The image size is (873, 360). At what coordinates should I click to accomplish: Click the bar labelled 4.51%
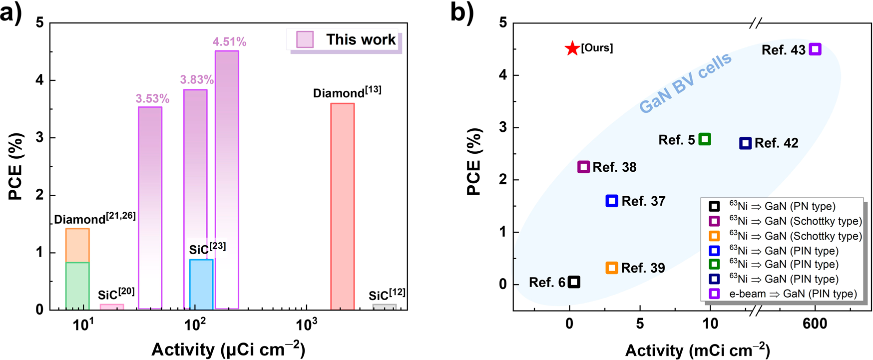click(x=227, y=180)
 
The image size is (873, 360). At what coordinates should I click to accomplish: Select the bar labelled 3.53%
click(x=150, y=207)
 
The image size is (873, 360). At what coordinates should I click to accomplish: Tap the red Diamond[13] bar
click(x=343, y=206)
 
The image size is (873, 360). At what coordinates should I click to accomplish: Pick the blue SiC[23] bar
click(x=201, y=284)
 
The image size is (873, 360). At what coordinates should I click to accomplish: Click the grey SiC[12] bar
click(x=385, y=307)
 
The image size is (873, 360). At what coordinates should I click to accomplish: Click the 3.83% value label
click(x=197, y=80)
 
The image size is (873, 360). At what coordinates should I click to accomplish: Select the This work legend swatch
click(x=305, y=39)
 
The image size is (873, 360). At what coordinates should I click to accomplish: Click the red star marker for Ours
click(x=572, y=48)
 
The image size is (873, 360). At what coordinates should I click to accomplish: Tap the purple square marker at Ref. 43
click(x=815, y=49)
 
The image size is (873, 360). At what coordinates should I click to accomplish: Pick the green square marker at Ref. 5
click(x=705, y=139)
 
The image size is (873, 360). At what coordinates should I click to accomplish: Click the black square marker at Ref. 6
click(x=574, y=282)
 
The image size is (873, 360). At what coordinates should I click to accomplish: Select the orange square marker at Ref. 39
click(x=612, y=268)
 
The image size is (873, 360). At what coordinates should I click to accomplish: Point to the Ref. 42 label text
click(x=776, y=143)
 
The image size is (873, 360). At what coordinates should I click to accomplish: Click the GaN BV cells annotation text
click(x=685, y=82)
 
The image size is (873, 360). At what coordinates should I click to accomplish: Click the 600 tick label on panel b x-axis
click(x=815, y=324)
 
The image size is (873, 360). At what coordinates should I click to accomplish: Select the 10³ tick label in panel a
click(x=306, y=325)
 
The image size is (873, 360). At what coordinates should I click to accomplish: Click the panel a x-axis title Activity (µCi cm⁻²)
click(x=228, y=349)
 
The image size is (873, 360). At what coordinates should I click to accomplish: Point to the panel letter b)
click(x=462, y=12)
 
